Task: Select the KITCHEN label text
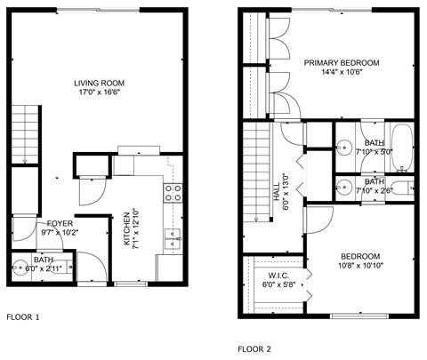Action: point(126,229)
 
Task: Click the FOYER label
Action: point(60,223)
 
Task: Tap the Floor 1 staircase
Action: point(28,133)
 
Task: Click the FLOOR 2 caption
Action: point(254,349)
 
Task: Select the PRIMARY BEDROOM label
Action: point(342,63)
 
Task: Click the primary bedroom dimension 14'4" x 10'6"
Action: point(342,73)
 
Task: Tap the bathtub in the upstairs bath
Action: point(403,147)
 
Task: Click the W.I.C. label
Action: point(278,276)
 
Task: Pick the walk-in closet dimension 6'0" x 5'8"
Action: point(278,284)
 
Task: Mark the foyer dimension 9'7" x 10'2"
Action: point(60,233)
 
